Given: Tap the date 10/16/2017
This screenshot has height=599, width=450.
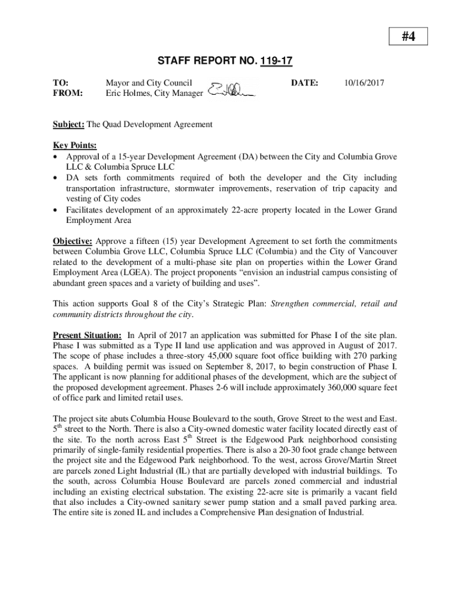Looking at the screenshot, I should (x=364, y=84).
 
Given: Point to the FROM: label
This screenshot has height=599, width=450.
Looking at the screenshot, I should (x=68, y=93).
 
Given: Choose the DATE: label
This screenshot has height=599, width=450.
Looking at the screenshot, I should (x=304, y=84).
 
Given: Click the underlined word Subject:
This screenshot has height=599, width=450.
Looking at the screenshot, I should (x=69, y=125).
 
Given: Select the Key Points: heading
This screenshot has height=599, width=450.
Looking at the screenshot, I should (x=75, y=145).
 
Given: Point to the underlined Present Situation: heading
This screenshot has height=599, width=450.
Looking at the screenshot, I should (x=87, y=335).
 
